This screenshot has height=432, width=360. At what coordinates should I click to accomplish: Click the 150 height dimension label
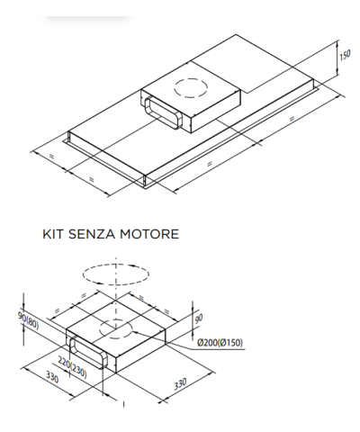(345, 56)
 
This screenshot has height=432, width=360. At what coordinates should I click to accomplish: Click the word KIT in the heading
(52, 234)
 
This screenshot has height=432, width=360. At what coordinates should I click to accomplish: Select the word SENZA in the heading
(92, 234)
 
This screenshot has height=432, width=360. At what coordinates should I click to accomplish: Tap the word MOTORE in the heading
(149, 234)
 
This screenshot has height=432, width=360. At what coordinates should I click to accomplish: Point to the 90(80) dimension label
(28, 320)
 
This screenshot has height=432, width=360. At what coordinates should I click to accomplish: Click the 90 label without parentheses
(199, 319)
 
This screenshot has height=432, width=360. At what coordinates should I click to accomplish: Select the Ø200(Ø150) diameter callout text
(220, 342)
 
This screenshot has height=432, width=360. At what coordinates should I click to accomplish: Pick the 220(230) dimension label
(72, 368)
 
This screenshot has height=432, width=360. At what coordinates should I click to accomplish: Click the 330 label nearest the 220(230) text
(52, 377)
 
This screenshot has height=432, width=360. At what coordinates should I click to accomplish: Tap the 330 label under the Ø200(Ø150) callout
(180, 383)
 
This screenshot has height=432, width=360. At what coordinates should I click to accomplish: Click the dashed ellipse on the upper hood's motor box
(191, 88)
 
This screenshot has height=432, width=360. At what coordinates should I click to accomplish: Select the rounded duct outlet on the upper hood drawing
(163, 112)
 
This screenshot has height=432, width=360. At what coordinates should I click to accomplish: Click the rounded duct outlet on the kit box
(88, 353)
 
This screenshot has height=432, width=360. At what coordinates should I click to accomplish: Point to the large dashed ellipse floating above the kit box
(116, 274)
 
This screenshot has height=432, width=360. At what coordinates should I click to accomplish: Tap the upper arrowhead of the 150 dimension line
(337, 43)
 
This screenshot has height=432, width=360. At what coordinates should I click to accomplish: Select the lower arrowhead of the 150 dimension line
(337, 72)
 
